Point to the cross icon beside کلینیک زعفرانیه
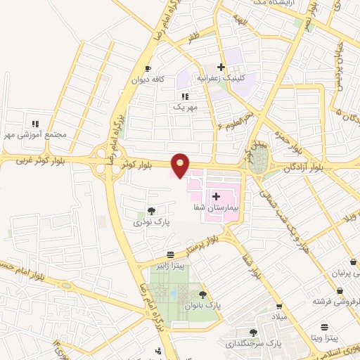pos(221,67)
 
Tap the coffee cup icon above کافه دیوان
pos(148,69)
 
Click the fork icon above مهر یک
pos(185,96)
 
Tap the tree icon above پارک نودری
pos(150,210)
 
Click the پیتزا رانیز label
pos(170,266)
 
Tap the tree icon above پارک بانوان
pos(203,295)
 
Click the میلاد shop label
pos(280,317)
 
